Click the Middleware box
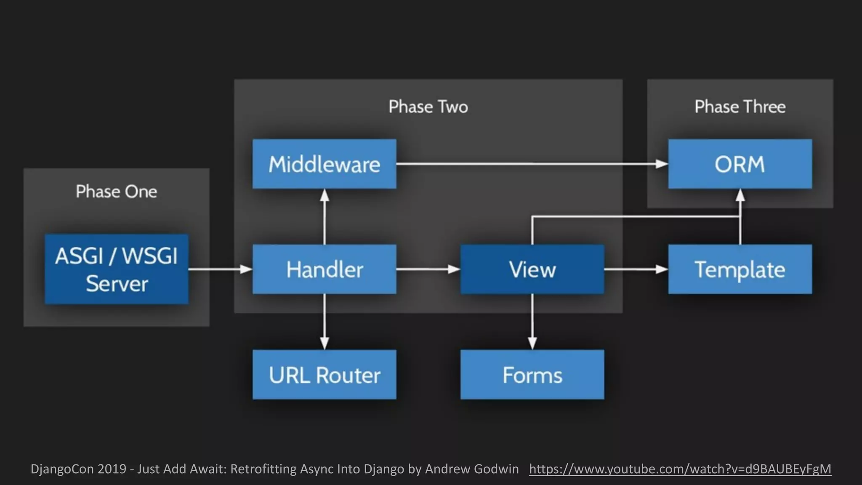point(324,164)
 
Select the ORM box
point(740,164)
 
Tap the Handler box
point(324,269)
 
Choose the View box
point(532,269)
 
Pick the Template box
point(740,269)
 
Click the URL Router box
point(324,375)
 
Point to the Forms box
point(532,375)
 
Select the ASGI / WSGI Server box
point(117,269)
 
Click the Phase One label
point(117,192)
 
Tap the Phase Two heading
point(428,107)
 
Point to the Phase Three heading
point(740,107)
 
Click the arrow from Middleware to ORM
point(530,164)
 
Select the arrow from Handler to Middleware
point(324,217)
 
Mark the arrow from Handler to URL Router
point(324,322)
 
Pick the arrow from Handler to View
point(428,269)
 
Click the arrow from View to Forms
point(532,322)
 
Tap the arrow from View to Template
point(636,269)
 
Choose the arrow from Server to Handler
point(220,269)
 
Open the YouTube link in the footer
point(680,469)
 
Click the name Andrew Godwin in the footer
point(472,469)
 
